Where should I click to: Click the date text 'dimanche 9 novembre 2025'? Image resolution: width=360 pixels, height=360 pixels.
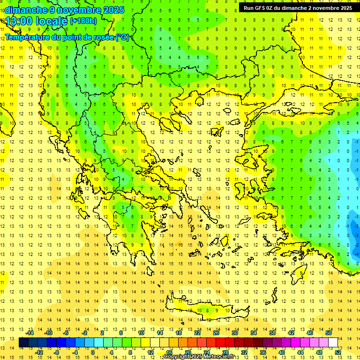(x=65, y=10)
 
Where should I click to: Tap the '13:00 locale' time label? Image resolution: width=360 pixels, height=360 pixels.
(x=37, y=21)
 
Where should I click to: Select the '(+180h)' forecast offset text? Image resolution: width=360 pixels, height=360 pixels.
(x=83, y=21)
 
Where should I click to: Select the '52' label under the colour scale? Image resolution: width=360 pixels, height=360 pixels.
(x=338, y=352)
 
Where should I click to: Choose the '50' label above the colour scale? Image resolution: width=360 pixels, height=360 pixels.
(x=329, y=333)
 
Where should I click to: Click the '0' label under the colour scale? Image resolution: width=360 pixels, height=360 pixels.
(x=93, y=352)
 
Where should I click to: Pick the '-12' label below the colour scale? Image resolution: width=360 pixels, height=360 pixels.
(x=39, y=352)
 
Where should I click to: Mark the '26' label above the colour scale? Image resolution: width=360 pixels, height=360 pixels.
(x=216, y=333)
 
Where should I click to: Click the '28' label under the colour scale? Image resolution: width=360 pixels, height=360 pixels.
(x=225, y=352)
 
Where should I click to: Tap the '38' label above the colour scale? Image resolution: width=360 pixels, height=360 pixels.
(x=272, y=333)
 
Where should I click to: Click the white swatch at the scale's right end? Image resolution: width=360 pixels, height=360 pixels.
(x=333, y=343)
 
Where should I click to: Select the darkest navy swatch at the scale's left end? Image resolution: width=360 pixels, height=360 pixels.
(x=23, y=343)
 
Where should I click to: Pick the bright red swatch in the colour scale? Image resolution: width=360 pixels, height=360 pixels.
(x=220, y=343)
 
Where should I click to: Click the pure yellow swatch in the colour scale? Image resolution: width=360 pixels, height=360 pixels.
(x=145, y=343)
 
